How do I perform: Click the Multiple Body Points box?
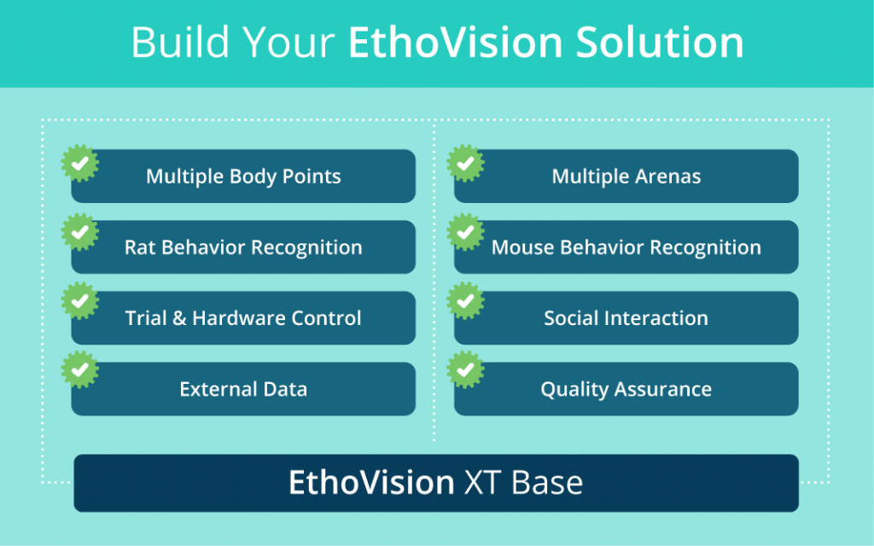coord(243,177)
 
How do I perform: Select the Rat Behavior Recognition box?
coord(243,247)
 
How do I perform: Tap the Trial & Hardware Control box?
coord(243,318)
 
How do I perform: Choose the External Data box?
coord(243,389)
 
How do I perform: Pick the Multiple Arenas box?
coord(626,177)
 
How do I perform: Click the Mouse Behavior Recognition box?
coord(626,247)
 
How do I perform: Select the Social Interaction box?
coord(626,318)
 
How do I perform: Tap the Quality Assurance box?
coord(626,389)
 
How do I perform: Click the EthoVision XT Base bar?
coord(436,483)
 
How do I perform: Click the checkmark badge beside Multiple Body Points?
coord(79,163)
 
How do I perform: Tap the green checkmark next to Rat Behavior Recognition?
coord(79,232)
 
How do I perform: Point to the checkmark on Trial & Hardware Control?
coord(79,301)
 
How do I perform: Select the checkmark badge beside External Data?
coord(79,370)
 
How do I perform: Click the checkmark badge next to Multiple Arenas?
coord(465,163)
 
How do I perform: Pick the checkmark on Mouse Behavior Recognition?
coord(465,232)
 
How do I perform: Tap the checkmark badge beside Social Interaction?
coord(465,301)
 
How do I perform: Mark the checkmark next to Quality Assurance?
coord(465,370)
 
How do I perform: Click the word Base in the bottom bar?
coord(547,483)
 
